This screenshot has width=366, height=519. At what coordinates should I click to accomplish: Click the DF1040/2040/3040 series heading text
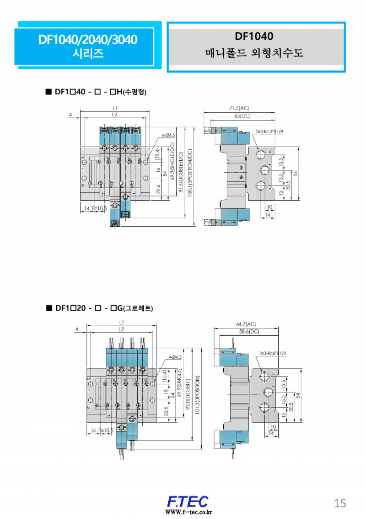click(x=87, y=40)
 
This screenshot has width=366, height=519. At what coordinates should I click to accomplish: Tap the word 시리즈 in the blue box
click(x=88, y=53)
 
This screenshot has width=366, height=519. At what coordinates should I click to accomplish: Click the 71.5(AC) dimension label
click(x=239, y=108)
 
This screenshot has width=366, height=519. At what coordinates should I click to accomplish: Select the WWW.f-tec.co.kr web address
click(x=188, y=512)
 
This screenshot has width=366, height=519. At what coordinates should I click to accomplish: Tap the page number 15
click(x=340, y=503)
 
